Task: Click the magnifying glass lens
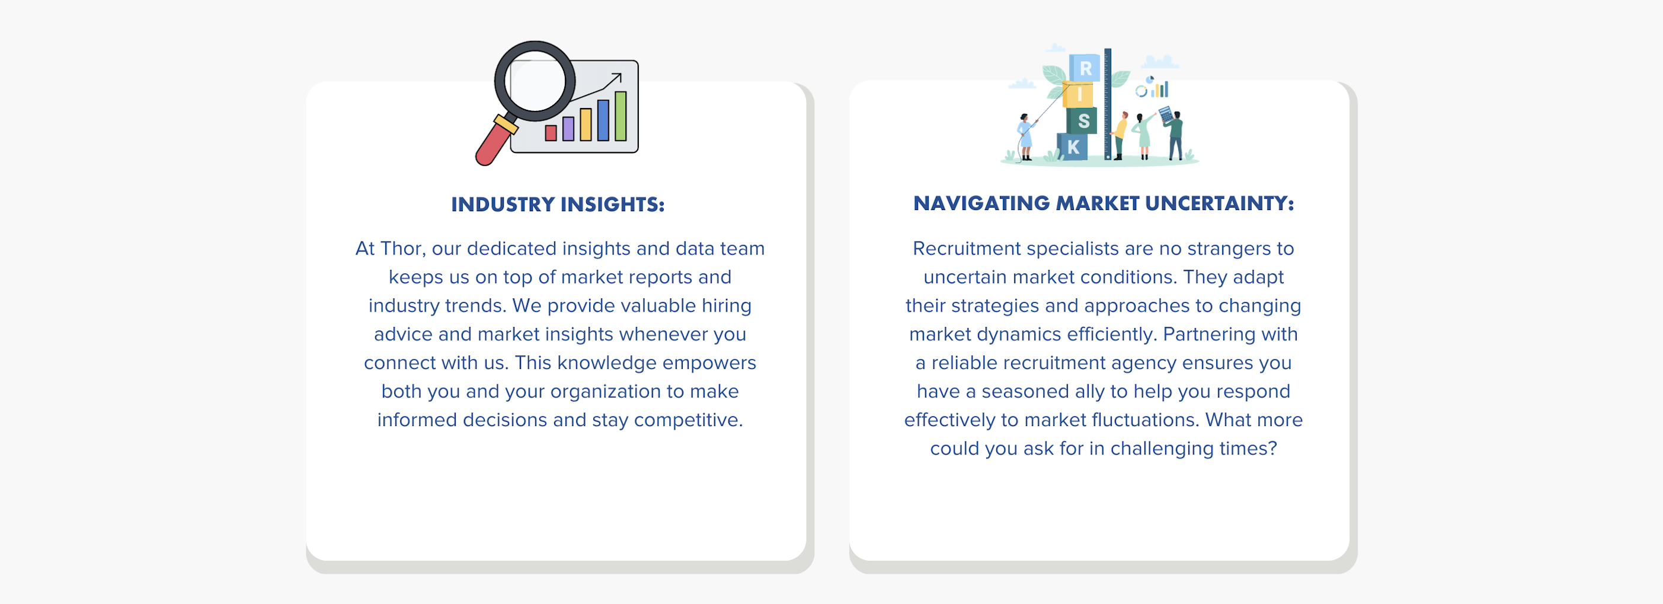click(535, 81)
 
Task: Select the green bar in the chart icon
click(621, 116)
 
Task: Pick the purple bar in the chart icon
click(568, 129)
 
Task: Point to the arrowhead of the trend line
click(617, 78)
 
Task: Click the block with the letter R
click(1085, 68)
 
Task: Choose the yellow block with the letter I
click(1078, 95)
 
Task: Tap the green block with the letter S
click(1082, 121)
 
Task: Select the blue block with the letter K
click(1072, 147)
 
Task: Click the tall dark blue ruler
click(1108, 103)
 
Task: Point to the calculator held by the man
click(1165, 115)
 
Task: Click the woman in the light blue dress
click(1025, 137)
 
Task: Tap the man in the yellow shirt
click(1120, 135)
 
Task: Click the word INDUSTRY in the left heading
click(502, 205)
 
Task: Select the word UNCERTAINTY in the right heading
click(1220, 204)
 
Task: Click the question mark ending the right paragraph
click(1272, 449)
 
